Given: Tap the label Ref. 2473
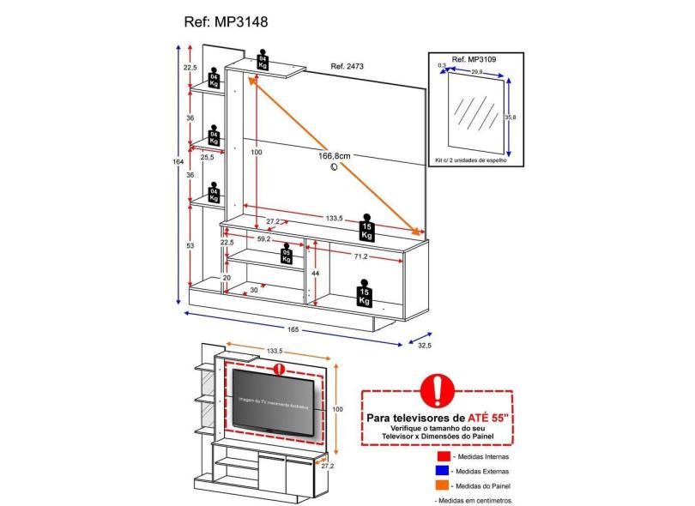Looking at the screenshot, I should pos(347,65).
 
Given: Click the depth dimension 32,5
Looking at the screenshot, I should pos(423,346).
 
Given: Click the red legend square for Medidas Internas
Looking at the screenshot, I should pos(443,458).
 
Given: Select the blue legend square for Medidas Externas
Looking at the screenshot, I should pos(443,471).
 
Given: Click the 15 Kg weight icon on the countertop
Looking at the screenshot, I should pos(366,226).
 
